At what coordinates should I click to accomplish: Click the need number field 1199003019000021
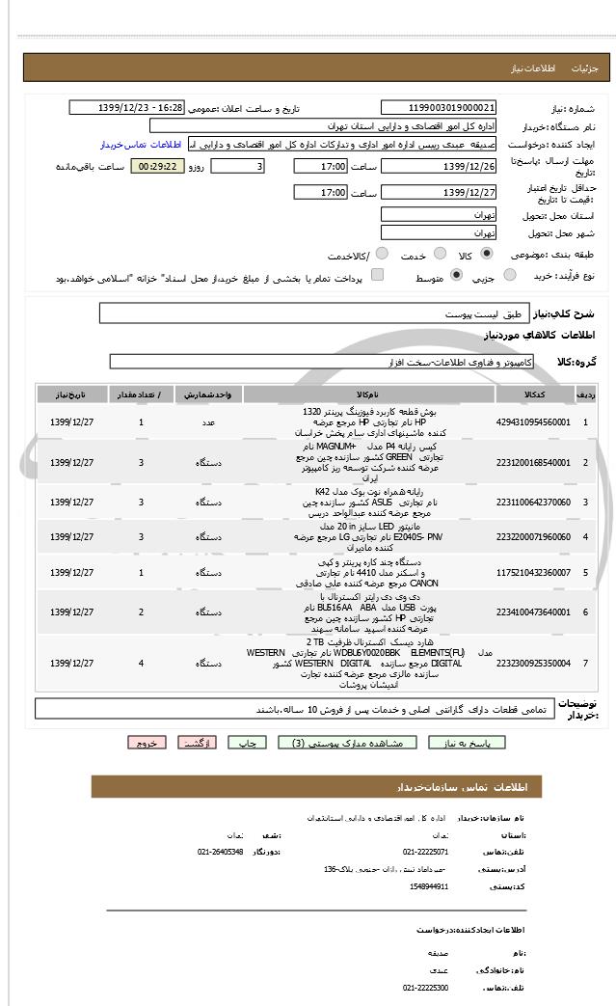439,108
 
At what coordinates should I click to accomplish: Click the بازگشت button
194,743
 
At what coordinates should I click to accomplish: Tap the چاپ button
248,743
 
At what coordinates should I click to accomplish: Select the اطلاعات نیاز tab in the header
533,69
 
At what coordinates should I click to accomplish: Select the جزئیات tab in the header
585,69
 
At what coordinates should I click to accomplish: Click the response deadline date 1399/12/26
439,167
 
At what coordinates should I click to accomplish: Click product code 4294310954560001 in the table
533,422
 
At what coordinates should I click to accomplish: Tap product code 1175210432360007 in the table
533,573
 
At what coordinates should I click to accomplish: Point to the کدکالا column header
533,395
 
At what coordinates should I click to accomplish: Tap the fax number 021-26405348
221,852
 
